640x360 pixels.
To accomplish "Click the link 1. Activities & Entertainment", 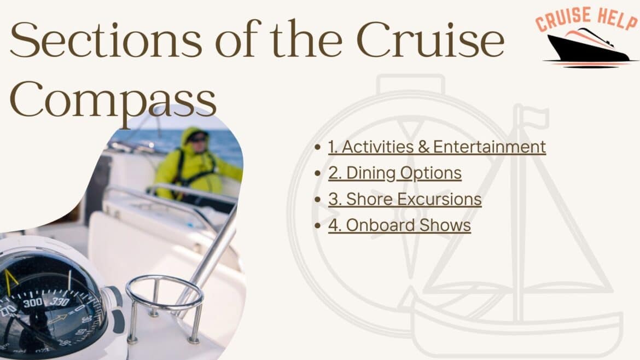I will tap(437, 147).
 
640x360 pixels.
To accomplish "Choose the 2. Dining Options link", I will tap(394, 173).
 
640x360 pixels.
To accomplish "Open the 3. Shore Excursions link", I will tap(405, 199).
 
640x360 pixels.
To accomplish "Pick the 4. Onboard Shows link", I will tap(399, 225).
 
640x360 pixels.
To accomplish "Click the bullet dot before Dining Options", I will tap(318, 173).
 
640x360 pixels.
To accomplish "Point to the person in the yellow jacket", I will tap(194, 164).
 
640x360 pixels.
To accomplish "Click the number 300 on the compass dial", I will tap(32, 303).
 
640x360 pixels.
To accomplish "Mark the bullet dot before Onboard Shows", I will tap(318, 225).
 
